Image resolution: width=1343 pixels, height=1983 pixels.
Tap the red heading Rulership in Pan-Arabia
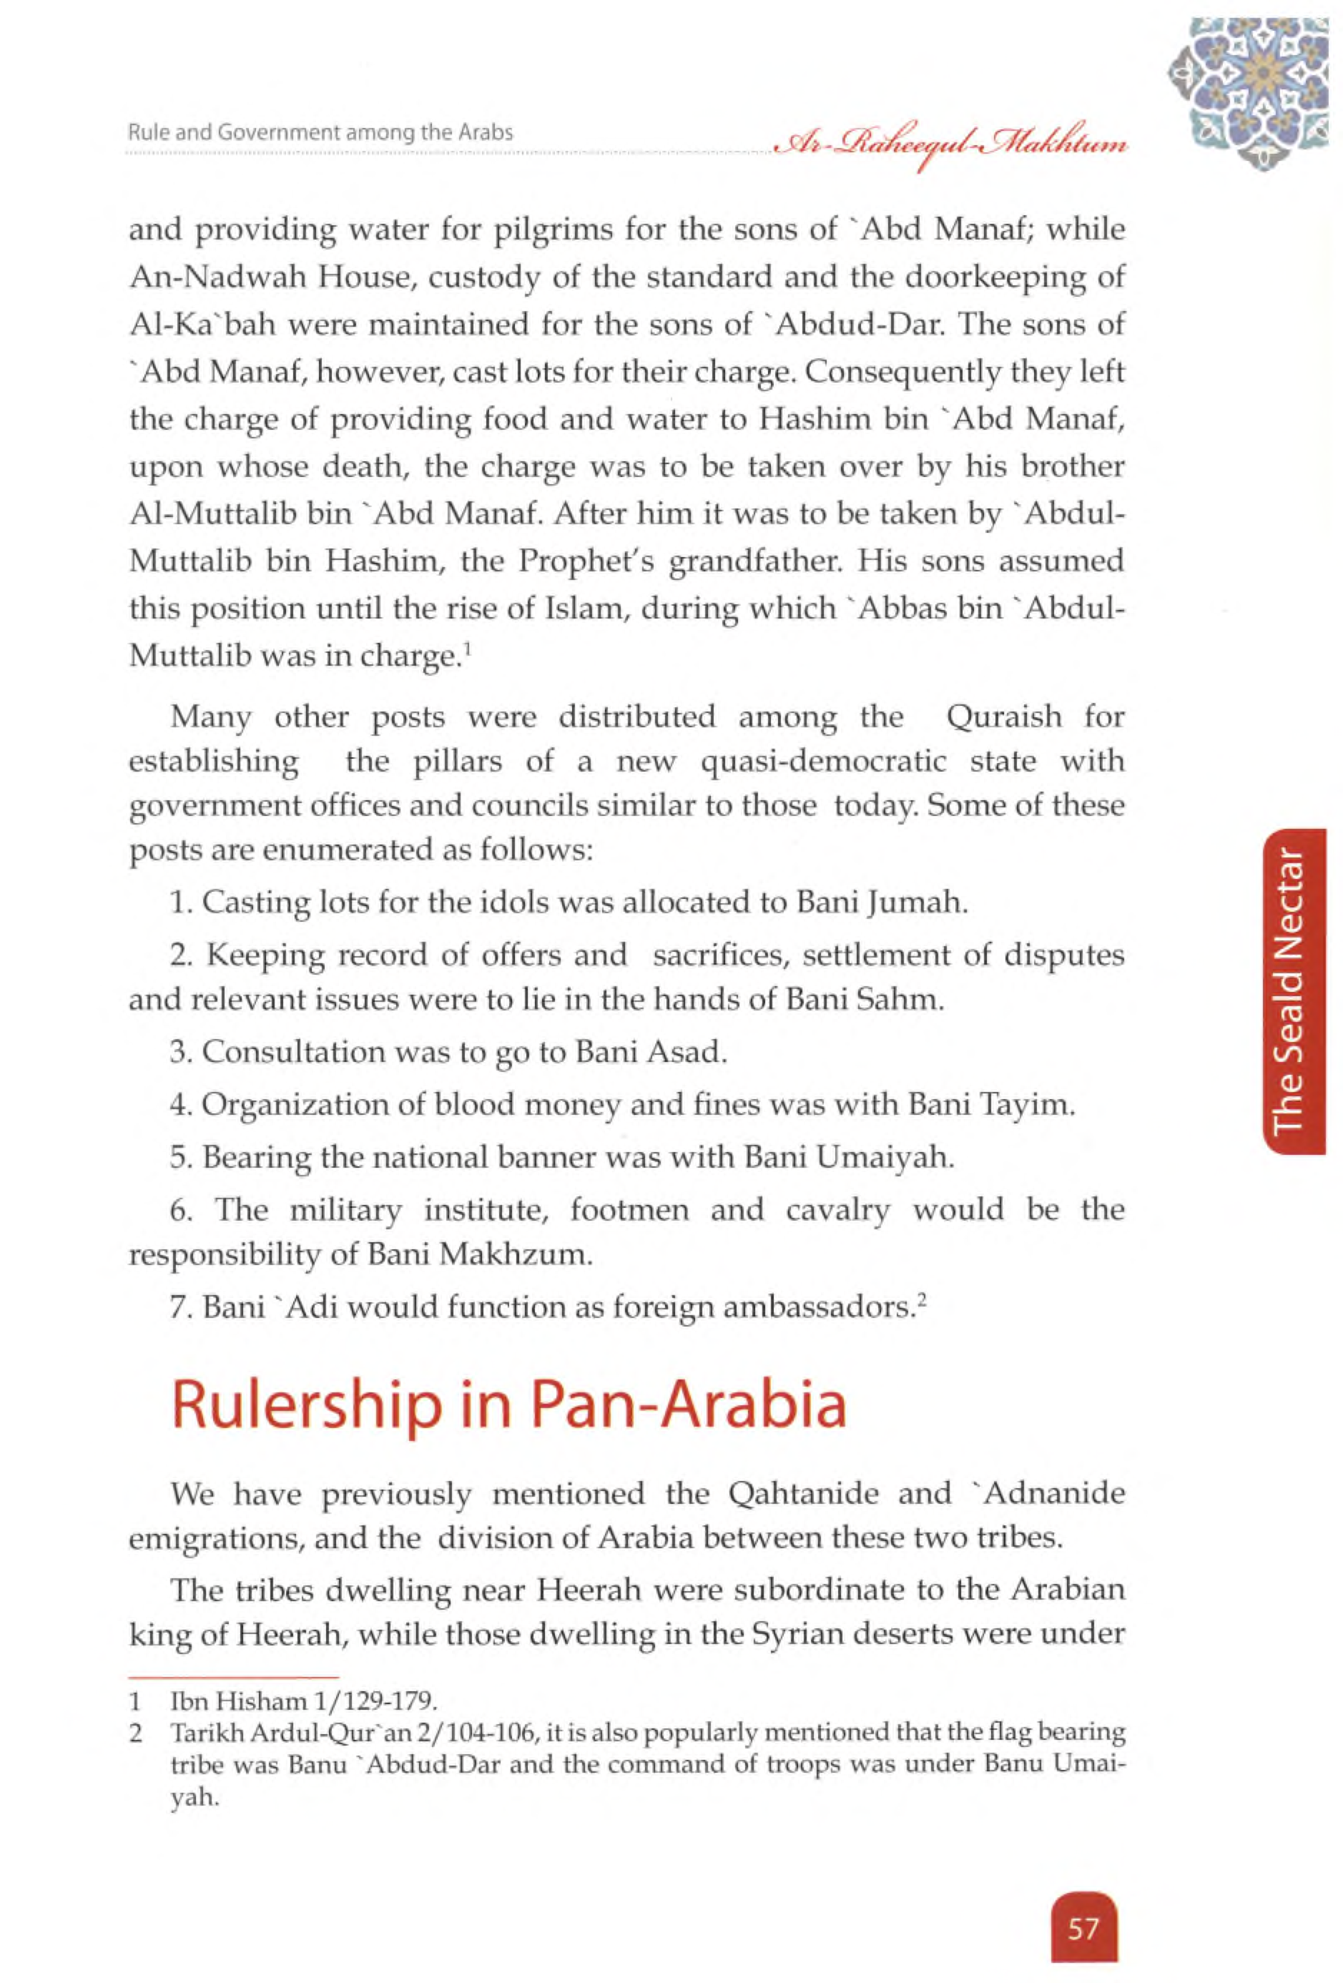(x=508, y=1404)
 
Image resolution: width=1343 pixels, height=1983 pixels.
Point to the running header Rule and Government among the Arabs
(x=320, y=132)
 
